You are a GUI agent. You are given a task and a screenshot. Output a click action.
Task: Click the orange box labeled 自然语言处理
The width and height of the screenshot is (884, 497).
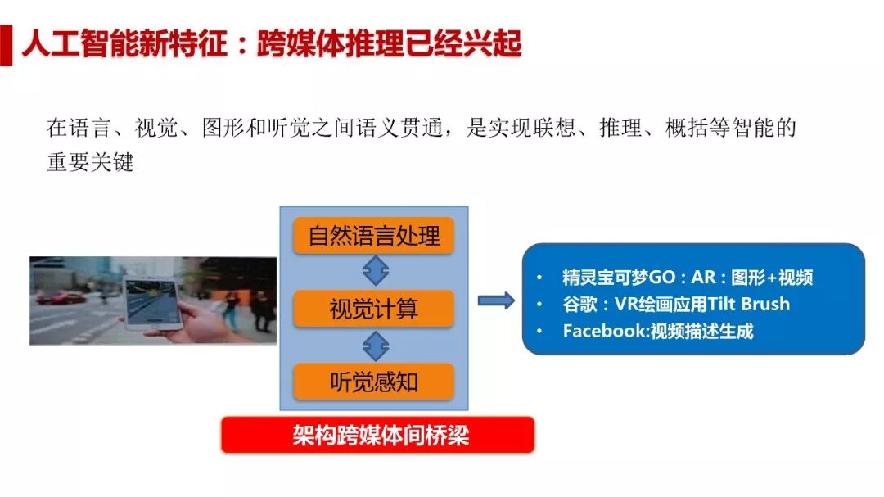coord(374,236)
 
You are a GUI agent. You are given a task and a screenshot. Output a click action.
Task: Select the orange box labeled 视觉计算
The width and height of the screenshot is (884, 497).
coord(374,309)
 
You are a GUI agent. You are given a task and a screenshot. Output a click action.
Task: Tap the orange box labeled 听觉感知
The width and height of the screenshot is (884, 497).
coord(374,381)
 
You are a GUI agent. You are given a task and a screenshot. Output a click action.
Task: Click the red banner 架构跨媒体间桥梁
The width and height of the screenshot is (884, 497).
coord(377,435)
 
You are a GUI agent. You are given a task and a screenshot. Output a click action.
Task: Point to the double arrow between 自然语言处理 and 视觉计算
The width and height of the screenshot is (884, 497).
coord(375,271)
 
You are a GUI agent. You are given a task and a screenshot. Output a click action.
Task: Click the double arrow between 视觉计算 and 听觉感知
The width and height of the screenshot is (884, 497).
coord(375,345)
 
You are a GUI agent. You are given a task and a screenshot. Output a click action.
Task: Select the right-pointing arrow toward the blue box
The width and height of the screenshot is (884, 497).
coord(495,300)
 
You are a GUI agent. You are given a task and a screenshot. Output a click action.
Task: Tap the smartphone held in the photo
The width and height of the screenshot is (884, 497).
coord(152,301)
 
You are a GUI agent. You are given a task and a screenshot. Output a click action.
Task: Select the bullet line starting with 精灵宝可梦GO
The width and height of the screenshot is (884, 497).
coord(688,277)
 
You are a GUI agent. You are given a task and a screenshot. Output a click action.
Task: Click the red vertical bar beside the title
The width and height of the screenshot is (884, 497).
coord(6,45)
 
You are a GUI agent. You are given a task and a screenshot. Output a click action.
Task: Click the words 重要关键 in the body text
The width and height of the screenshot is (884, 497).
coord(90,162)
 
